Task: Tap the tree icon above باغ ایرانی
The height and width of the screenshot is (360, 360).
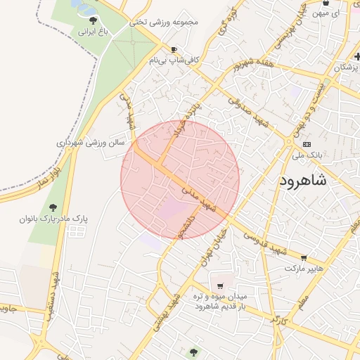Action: (93, 20)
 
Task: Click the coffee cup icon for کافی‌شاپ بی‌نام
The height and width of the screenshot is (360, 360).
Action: (174, 50)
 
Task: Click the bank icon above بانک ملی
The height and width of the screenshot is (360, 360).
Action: (306, 143)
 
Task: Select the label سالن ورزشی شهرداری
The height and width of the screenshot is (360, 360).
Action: (91, 142)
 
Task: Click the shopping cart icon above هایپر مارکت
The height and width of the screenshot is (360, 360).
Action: (304, 258)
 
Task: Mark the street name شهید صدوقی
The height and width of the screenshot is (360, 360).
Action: (254, 111)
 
